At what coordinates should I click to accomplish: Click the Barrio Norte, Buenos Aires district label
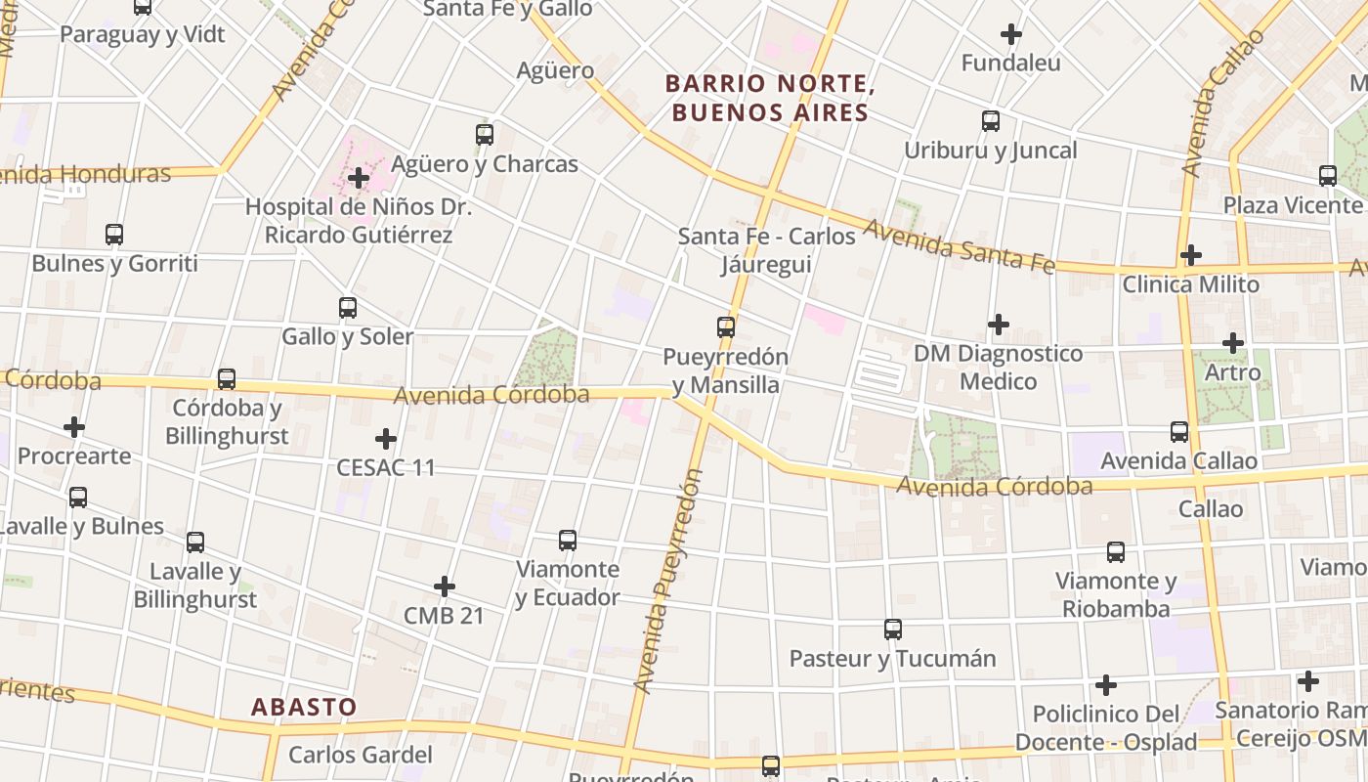769,98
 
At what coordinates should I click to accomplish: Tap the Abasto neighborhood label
304,707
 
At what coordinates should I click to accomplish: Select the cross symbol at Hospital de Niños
359,178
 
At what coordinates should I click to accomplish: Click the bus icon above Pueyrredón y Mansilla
725,326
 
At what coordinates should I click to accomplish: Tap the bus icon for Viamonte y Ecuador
568,540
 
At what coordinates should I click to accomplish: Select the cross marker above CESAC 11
386,438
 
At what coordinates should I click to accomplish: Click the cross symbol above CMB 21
445,586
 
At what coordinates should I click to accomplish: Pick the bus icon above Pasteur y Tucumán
893,630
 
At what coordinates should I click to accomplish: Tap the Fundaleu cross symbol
1011,34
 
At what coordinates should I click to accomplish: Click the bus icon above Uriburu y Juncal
991,121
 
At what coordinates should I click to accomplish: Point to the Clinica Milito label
1190,284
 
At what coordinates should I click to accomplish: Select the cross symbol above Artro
1233,343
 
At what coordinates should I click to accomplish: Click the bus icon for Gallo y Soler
348,308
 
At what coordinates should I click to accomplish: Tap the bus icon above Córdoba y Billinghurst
227,378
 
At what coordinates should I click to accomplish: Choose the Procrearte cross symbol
74,427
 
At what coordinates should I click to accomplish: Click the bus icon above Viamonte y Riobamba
1116,552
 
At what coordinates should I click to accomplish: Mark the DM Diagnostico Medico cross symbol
999,324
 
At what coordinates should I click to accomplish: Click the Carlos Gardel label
361,755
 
